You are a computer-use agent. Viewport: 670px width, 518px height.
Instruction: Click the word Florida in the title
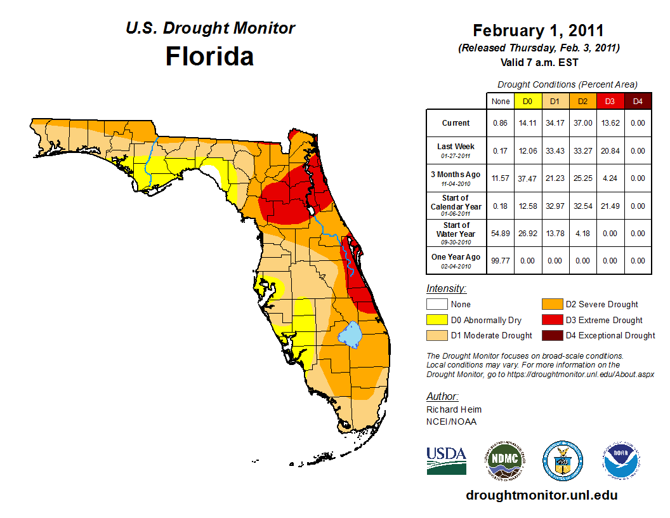(x=209, y=56)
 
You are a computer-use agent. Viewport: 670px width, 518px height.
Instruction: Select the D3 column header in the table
(x=609, y=101)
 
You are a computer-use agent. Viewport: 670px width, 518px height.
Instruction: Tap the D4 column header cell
(x=637, y=101)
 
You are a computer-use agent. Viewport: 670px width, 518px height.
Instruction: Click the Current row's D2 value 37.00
(x=582, y=123)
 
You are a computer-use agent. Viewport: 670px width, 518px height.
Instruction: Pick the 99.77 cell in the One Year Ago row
(x=501, y=260)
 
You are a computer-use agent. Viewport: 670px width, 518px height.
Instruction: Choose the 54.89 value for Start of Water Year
(x=501, y=234)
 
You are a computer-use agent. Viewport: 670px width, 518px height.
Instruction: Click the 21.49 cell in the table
(x=609, y=206)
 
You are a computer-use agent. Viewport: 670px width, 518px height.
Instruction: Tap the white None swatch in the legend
(x=437, y=305)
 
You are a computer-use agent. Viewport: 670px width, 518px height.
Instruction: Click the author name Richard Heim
(x=454, y=409)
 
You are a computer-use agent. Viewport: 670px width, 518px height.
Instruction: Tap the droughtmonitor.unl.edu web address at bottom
(x=541, y=495)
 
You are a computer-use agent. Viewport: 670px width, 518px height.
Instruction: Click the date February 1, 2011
(x=538, y=30)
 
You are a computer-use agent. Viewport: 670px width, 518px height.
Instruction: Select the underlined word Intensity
(x=446, y=288)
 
